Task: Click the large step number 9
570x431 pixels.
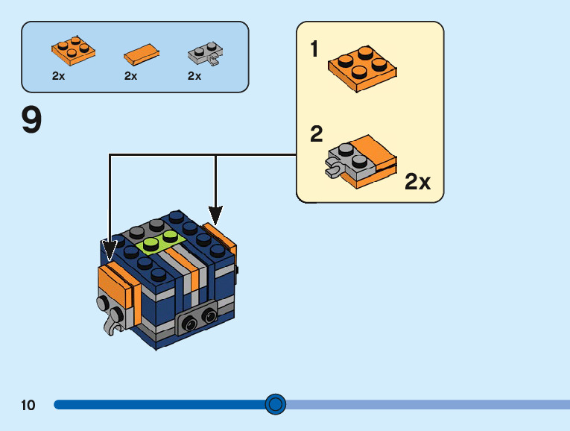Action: (32, 121)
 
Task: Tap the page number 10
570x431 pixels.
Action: (28, 405)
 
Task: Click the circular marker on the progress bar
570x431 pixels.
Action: (276, 404)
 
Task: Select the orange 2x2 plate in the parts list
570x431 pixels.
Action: (73, 50)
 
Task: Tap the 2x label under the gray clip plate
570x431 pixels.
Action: (194, 76)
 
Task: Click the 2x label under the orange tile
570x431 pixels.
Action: (131, 76)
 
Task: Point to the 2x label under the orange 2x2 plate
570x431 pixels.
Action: (59, 76)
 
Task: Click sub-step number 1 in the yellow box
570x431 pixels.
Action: (314, 49)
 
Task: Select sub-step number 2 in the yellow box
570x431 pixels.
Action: (317, 134)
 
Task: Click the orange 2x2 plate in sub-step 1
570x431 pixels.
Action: (361, 69)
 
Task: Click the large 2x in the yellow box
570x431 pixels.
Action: (418, 182)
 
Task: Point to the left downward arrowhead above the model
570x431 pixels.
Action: (110, 249)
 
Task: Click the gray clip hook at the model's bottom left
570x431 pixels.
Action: (113, 323)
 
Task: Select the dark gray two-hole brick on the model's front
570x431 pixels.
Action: (197, 319)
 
